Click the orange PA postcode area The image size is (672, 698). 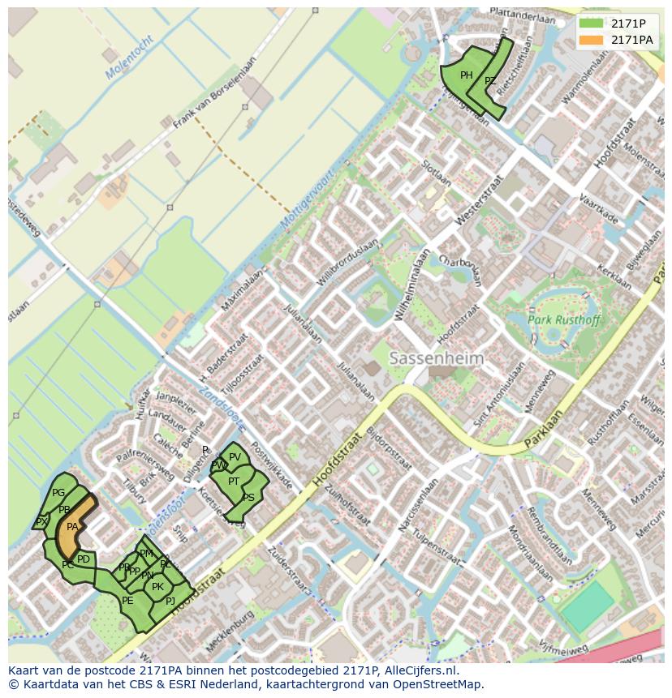point(71,527)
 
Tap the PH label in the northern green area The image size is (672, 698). point(466,75)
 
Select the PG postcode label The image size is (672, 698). point(58,493)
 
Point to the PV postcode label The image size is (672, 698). point(235,457)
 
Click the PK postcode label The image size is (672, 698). point(157,587)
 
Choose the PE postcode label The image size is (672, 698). point(127,601)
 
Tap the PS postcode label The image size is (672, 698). point(248,498)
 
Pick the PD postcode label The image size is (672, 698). point(84,559)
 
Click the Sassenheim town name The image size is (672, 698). point(436,358)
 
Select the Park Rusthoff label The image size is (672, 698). point(564,320)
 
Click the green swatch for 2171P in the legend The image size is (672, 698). point(592,24)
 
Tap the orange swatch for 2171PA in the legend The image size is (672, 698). point(592,40)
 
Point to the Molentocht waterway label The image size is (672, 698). point(129,58)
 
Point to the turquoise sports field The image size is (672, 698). point(587,606)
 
